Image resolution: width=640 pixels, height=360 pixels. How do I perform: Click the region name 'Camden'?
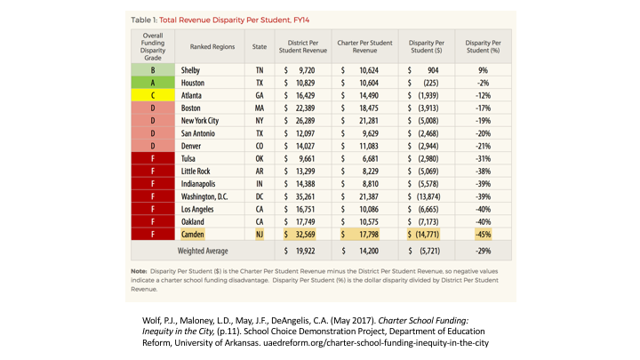193,235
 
